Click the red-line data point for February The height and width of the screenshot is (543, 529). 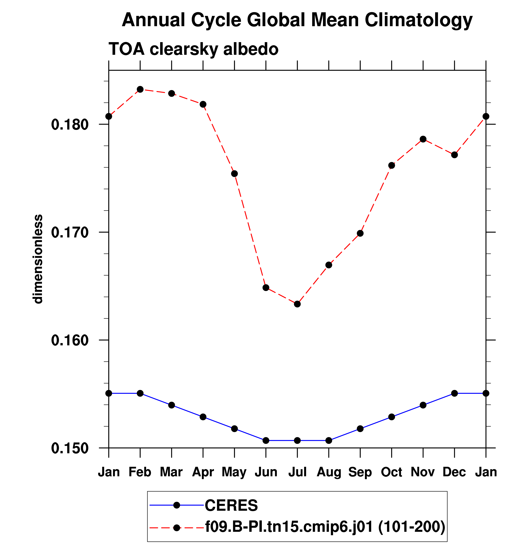coord(140,89)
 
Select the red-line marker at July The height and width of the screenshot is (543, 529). coord(297,304)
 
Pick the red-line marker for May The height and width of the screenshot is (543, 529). coord(235,174)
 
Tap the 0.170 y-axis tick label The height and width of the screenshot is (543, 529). coord(66,233)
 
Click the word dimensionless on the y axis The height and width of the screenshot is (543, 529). coord(38,259)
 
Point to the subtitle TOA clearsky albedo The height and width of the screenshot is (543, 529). coord(193,49)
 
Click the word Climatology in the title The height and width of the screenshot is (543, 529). coord(418,20)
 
